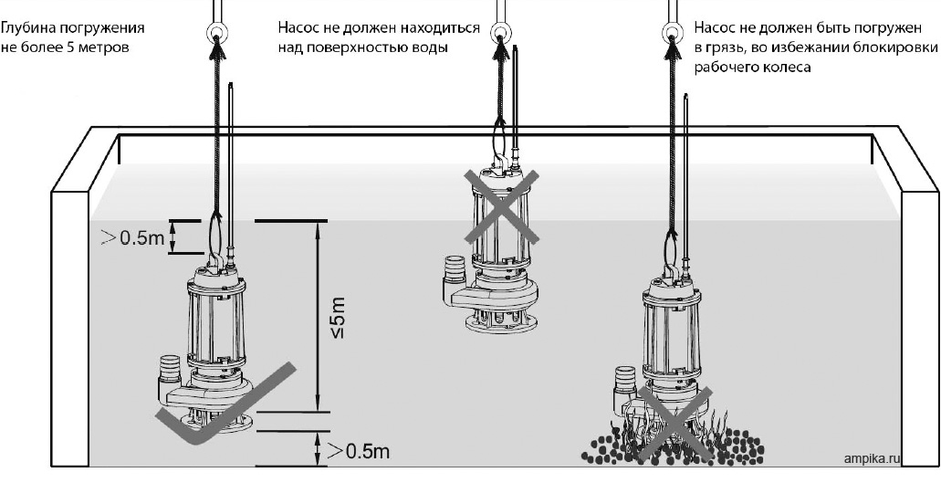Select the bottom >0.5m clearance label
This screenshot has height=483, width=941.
[x=359, y=451]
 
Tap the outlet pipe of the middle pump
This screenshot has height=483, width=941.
[x=454, y=268]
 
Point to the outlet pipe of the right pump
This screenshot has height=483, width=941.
[x=625, y=376]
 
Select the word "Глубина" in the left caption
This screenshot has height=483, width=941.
[x=26, y=28]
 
